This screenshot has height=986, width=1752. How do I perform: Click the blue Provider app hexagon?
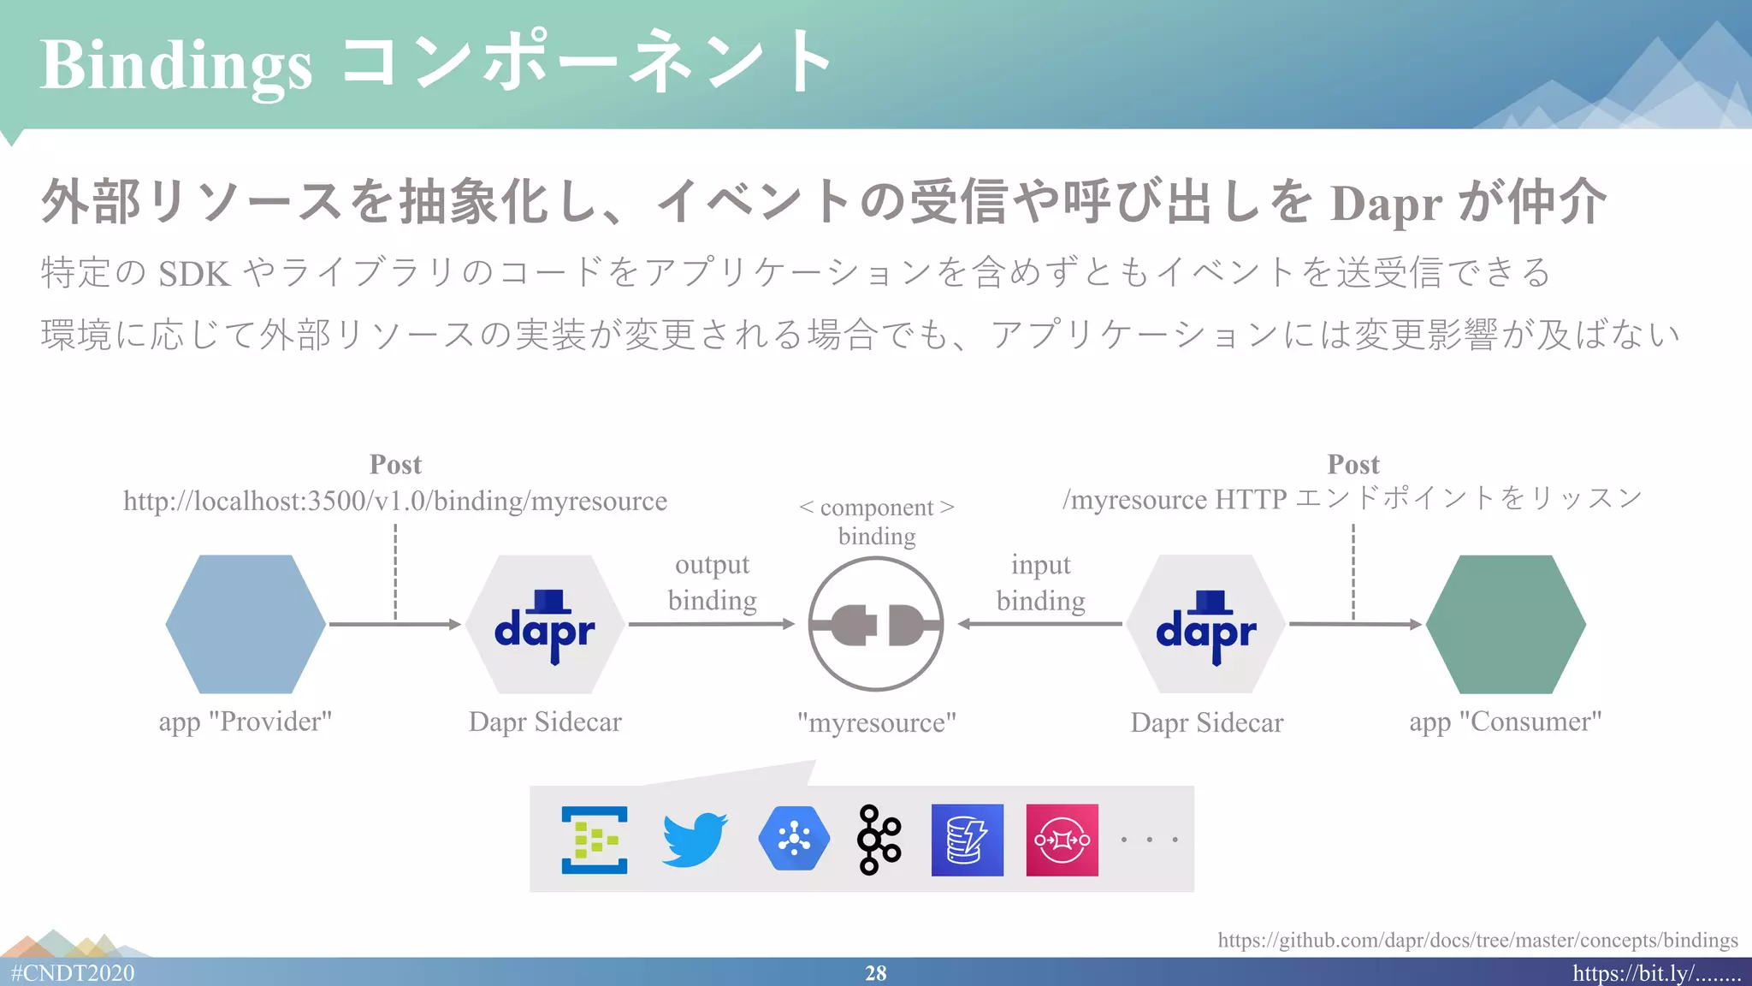coord(246,624)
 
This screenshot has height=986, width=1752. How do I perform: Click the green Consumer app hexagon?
coord(1506,624)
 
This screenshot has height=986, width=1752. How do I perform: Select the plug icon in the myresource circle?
coord(876,624)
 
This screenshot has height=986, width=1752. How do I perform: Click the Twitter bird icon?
coord(694,839)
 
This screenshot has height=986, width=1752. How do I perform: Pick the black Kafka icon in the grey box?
coord(879,839)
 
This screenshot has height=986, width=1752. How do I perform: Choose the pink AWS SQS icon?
coord(1062,840)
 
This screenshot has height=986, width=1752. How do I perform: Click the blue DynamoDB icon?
coord(967,840)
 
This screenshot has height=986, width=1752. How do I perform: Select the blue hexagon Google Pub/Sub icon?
coord(794,839)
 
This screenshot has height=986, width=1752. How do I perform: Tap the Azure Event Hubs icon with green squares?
coord(595,840)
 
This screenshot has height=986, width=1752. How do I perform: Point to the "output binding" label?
coord(712,582)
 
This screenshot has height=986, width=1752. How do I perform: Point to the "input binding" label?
coord(1040,582)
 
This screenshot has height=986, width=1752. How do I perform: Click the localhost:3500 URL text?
coord(395,501)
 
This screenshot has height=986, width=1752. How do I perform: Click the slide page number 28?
coord(875,973)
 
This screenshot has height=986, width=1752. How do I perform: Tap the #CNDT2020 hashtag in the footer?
coord(73,973)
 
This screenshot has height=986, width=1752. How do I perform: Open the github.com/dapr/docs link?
coord(1477,940)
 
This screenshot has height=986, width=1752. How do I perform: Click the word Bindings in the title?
coord(175,65)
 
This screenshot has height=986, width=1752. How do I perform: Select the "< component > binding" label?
coord(877,521)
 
